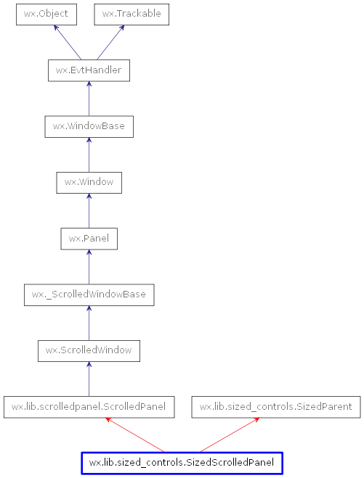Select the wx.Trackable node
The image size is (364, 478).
coord(132,15)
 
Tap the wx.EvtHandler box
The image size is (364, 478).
coord(89,70)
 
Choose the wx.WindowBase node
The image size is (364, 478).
coord(89,126)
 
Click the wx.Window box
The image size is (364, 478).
coord(89,182)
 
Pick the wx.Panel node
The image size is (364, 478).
coord(89,238)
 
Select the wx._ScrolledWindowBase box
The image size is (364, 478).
coord(89,294)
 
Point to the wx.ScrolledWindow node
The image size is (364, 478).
coord(89,350)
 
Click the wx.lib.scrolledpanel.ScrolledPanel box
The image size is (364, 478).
coord(89,407)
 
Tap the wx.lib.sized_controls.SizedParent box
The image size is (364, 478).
coord(275,407)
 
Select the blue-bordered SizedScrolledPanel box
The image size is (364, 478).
coord(181,462)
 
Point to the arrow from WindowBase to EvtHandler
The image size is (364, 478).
coord(89,99)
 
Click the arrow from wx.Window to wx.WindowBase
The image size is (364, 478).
coord(89,154)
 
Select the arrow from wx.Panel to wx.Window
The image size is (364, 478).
coord(89,210)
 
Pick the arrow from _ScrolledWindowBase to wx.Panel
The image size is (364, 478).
coord(89,266)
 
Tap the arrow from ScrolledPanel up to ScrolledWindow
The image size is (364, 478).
coord(89,379)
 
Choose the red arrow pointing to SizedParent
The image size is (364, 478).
coord(229,434)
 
